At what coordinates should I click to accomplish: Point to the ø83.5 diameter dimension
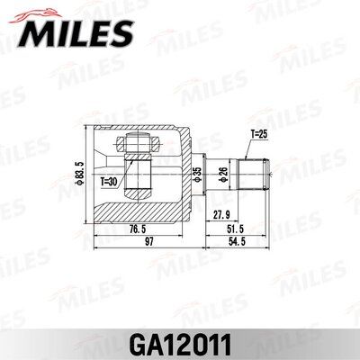pyautogui.click(x=79, y=170)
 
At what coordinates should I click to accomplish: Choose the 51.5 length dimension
pyautogui.click(x=235, y=229)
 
